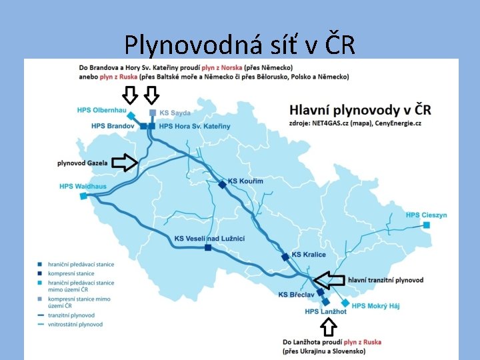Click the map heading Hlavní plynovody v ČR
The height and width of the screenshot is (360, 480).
[361, 109]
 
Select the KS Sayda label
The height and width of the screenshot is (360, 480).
[175, 113]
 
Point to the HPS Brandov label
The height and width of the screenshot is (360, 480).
[113, 126]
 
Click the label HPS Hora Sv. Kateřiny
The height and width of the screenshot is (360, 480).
[195, 126]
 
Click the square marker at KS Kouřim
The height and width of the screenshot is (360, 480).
[223, 184]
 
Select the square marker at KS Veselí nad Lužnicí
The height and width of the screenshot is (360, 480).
[208, 248]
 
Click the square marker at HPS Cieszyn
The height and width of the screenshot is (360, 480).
[427, 225]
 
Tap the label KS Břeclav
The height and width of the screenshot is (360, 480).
[296, 295]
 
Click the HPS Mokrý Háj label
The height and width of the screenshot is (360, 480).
[376, 306]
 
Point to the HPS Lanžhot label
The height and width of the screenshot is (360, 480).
[325, 311]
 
